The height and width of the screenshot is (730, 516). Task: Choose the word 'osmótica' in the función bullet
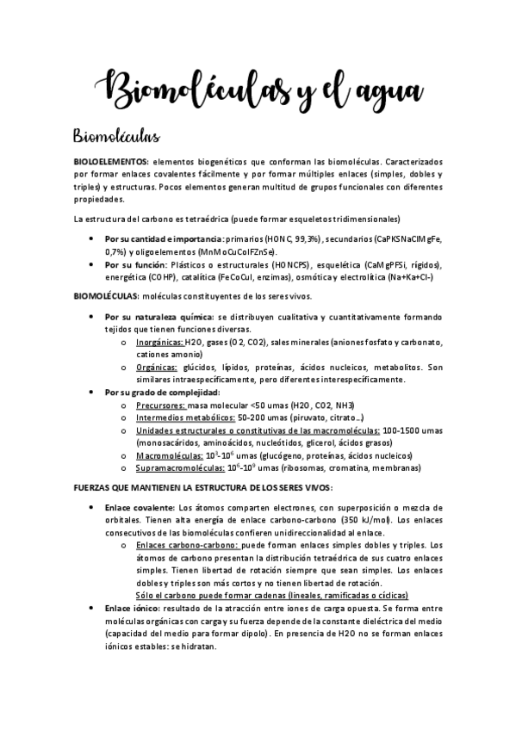[x=320, y=277]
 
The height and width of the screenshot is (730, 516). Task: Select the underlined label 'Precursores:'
[x=160, y=405]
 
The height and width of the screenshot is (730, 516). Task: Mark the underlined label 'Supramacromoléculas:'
[x=179, y=468]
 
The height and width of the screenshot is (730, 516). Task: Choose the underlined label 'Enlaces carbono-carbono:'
[x=188, y=545]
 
